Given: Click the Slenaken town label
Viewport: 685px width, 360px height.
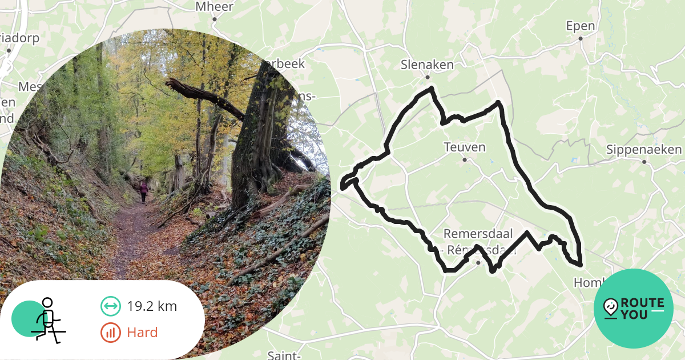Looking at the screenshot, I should point(427,65).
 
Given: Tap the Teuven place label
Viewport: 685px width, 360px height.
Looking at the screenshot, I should point(465,147).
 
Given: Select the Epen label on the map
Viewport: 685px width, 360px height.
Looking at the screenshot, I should point(580,26).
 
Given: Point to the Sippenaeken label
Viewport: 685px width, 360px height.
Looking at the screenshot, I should point(644,150).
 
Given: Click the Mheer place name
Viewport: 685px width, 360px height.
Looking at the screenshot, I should point(214,7).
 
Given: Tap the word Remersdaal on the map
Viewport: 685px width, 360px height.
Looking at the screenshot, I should point(478,234).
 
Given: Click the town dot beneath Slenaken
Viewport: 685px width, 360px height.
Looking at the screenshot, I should point(427,77).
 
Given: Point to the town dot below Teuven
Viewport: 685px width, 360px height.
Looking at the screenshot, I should point(465,160).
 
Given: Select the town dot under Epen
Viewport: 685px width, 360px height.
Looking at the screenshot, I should point(580,39).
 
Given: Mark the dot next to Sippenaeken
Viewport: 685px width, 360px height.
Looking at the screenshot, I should point(644,162).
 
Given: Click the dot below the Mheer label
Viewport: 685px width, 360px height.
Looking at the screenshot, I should point(215,19).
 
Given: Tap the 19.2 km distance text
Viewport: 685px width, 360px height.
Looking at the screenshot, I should point(152,306).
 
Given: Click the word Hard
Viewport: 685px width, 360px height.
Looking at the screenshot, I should point(142,333).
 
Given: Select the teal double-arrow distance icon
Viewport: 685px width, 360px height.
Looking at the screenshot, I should point(110,306).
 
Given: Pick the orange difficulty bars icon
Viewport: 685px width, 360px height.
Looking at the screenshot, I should point(110,333).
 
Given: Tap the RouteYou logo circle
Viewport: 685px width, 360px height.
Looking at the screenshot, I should point(634,309).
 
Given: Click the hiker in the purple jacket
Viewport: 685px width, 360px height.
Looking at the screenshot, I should point(143,190).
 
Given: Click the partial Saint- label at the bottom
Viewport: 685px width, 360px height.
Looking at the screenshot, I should point(284,355).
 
